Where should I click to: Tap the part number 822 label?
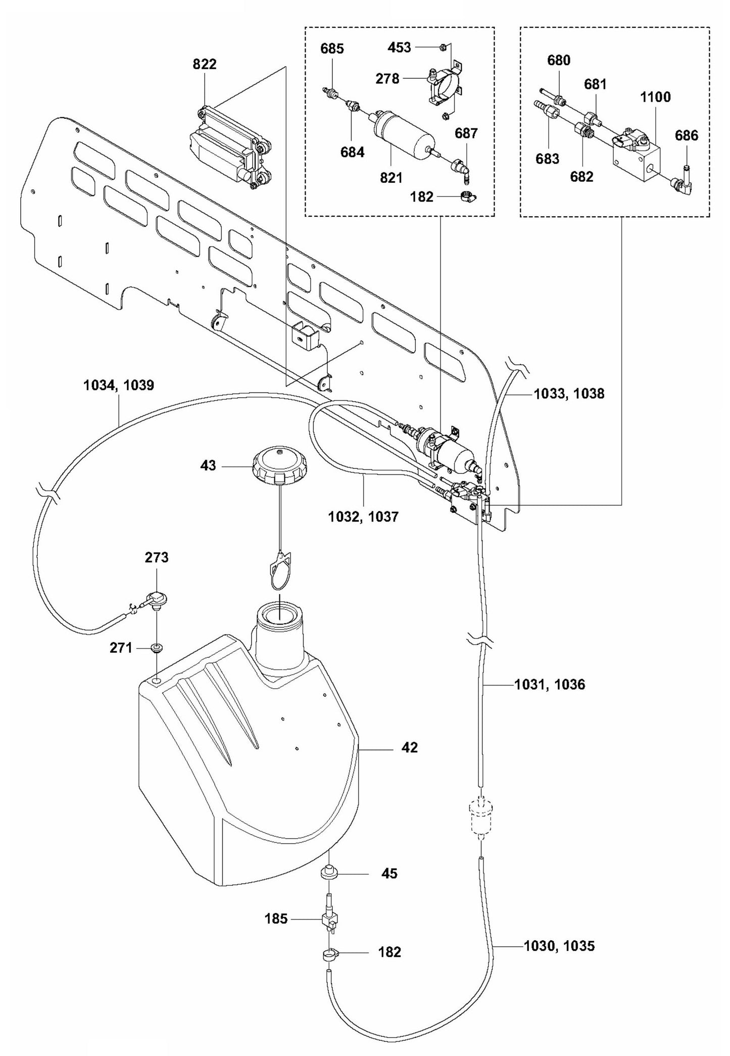pos(204,64)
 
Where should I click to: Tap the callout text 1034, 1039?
pos(119,386)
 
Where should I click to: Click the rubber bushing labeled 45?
pos(329,873)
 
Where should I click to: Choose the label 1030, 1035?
pos(559,946)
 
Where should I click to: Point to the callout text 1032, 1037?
pos(363,517)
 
